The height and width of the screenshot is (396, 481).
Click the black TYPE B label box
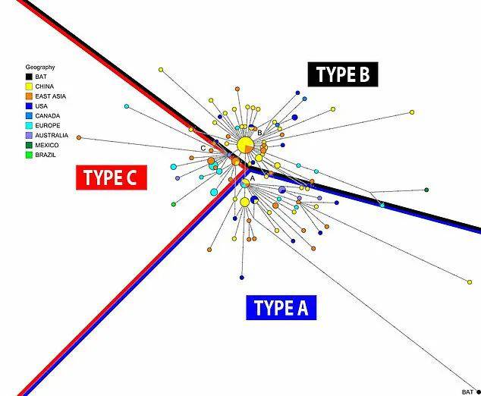(x=343, y=74)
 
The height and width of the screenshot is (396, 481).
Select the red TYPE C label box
(x=112, y=178)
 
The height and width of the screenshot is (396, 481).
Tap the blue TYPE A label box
(x=281, y=308)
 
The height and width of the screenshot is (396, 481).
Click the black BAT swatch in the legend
(x=29, y=77)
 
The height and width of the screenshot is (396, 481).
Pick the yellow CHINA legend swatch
(x=29, y=86)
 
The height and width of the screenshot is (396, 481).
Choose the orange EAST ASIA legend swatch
(x=29, y=96)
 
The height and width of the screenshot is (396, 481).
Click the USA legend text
(x=42, y=106)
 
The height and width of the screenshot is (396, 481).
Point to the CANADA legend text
(x=48, y=116)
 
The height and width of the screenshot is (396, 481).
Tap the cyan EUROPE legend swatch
(x=29, y=125)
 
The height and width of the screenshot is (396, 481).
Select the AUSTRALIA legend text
(x=52, y=135)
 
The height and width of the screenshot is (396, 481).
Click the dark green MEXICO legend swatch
(x=29, y=145)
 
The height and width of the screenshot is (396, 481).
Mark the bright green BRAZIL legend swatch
(x=29, y=155)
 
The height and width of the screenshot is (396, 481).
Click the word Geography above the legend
(x=40, y=68)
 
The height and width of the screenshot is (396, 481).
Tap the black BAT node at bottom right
(x=479, y=392)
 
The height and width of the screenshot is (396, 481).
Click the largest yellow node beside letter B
(x=245, y=145)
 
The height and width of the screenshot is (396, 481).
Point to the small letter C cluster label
(x=203, y=149)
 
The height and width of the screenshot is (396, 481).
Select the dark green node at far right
(x=426, y=190)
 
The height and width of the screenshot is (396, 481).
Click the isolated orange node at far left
(x=79, y=138)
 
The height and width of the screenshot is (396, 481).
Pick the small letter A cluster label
(x=253, y=178)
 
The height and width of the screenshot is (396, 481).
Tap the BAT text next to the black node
(x=467, y=392)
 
